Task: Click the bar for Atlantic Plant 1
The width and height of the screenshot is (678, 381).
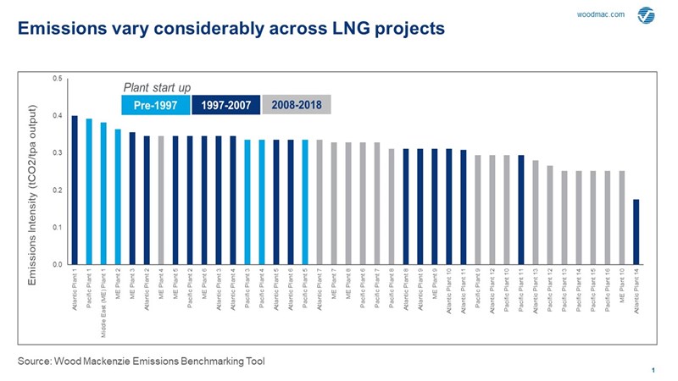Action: coord(75,190)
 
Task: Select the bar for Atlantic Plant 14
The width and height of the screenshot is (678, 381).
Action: coord(636,232)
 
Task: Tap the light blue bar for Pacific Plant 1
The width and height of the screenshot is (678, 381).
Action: coord(89,192)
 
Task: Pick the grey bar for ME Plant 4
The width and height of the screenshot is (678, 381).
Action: coord(161,201)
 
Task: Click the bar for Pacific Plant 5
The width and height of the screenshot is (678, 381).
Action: coord(304,202)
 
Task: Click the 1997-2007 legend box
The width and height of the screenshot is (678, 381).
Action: coord(225,105)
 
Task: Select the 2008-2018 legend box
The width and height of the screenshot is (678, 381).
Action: coord(296,105)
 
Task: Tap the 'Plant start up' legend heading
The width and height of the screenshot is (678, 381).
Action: coord(157,86)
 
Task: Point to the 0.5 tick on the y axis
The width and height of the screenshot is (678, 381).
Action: coord(56,79)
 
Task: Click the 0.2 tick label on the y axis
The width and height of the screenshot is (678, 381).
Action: coord(56,190)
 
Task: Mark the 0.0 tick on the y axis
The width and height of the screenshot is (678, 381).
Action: coord(56,265)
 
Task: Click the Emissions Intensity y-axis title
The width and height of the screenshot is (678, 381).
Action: coord(33,172)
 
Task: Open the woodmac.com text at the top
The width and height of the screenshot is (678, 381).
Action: coord(600,14)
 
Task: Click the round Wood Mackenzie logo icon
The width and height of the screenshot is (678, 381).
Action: coord(646,14)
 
